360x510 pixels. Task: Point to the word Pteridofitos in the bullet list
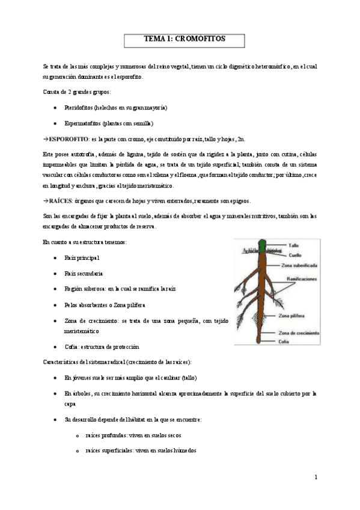coord(86,107)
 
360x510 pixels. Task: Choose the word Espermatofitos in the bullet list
coord(89,123)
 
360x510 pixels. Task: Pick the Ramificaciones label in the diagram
coord(304,279)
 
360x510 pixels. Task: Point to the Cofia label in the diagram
coord(284,340)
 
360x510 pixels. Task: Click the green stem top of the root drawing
coord(261,245)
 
